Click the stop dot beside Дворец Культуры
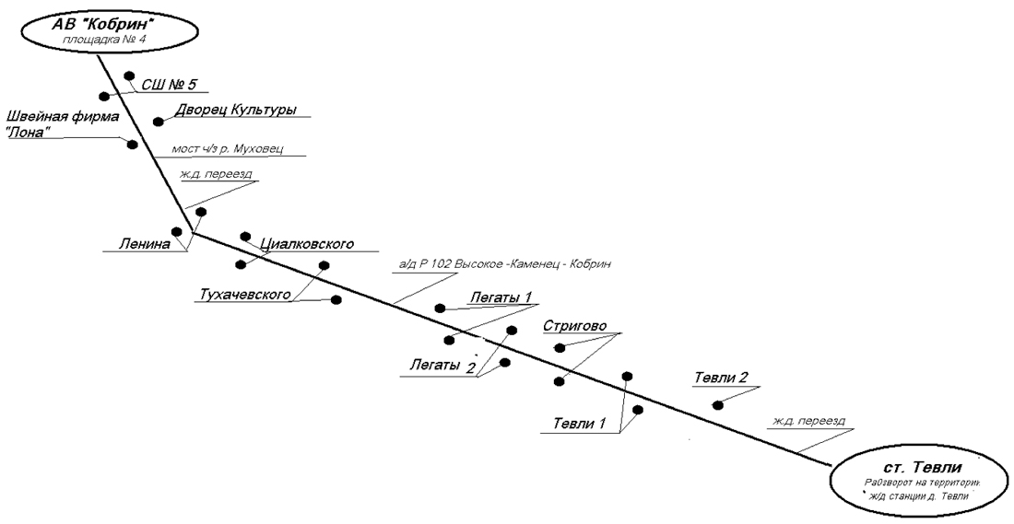point(158,122)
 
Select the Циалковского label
point(308,243)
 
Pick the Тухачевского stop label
point(245,295)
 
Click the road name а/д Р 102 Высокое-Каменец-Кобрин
point(505,265)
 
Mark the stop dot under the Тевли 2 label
point(717,404)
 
